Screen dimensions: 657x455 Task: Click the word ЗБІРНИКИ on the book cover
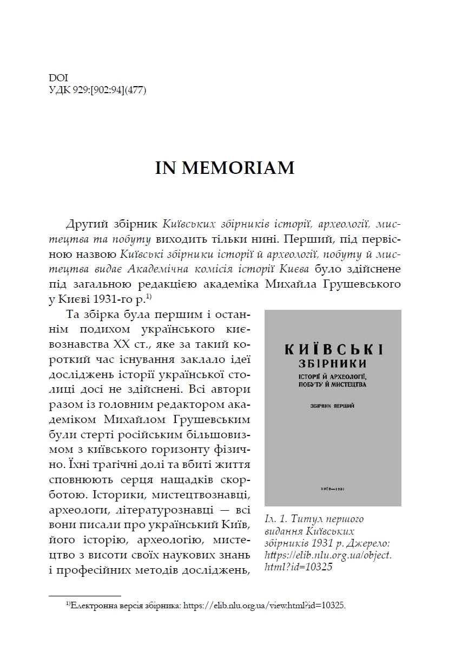click(333, 363)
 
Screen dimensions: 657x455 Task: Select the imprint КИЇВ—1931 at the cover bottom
click(333, 488)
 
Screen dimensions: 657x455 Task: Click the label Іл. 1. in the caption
click(277, 519)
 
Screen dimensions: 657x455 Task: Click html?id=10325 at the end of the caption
click(298, 567)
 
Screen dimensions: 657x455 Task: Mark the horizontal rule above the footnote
click(85, 595)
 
